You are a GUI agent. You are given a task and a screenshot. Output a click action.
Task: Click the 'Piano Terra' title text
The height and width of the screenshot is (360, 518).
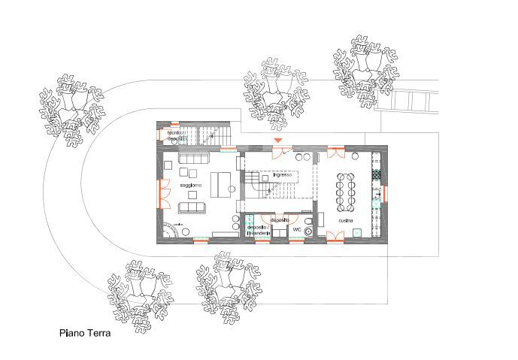point(85,331)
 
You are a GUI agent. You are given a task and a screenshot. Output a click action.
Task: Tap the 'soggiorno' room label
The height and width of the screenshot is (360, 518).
point(192,186)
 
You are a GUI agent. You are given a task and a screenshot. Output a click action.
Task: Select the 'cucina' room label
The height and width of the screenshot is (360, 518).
point(346,220)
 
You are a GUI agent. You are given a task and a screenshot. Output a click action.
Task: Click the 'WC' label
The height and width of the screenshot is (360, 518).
point(298,228)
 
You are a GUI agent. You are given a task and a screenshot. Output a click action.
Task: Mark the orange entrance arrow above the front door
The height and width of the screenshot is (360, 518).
point(278,141)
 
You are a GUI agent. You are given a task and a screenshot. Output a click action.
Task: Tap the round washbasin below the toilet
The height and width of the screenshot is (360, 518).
point(308,234)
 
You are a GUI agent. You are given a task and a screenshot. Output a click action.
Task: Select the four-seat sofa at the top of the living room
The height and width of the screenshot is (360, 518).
point(194,159)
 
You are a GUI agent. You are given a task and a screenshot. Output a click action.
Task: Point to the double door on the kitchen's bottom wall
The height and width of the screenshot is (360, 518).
point(335,237)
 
